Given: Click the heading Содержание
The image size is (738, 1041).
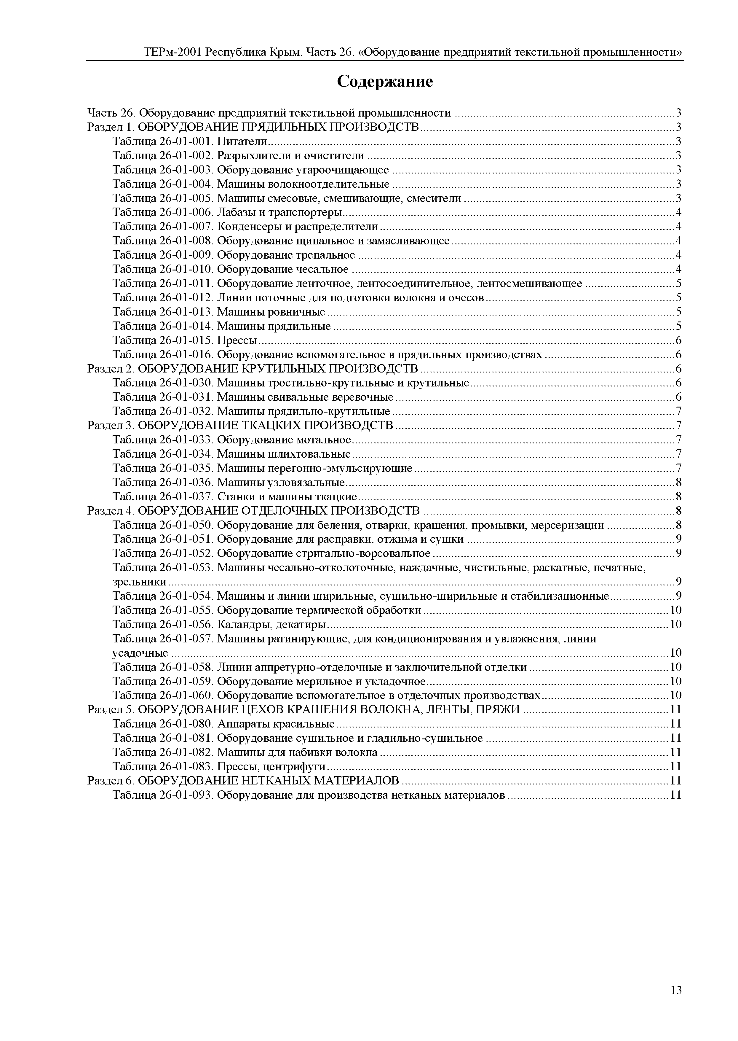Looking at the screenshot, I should point(385,82).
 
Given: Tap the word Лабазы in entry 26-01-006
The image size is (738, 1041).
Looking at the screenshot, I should point(234,212).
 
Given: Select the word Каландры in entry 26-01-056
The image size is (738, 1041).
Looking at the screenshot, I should point(239,624).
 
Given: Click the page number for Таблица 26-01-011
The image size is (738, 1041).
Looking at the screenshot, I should point(678,284).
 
